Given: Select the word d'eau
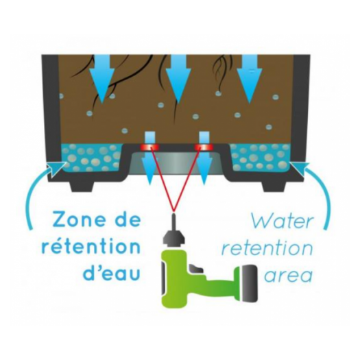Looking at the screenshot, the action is pos(112,273).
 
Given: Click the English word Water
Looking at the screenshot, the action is pos(282,221).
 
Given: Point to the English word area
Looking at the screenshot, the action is pos(288,275).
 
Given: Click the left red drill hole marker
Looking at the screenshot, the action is pos(149,147).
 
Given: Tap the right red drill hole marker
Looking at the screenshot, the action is pos(204,147).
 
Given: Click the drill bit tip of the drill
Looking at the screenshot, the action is pos(173,215).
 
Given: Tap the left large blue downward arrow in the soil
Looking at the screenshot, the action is pos(102,79).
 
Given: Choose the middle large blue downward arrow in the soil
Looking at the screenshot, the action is pos(178,79).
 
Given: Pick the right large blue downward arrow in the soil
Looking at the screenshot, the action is pos(249,79).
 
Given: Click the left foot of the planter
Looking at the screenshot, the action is pos(82,187).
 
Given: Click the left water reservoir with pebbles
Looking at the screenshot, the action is pos(91,158).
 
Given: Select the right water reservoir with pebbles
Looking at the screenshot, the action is pos(260,158).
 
